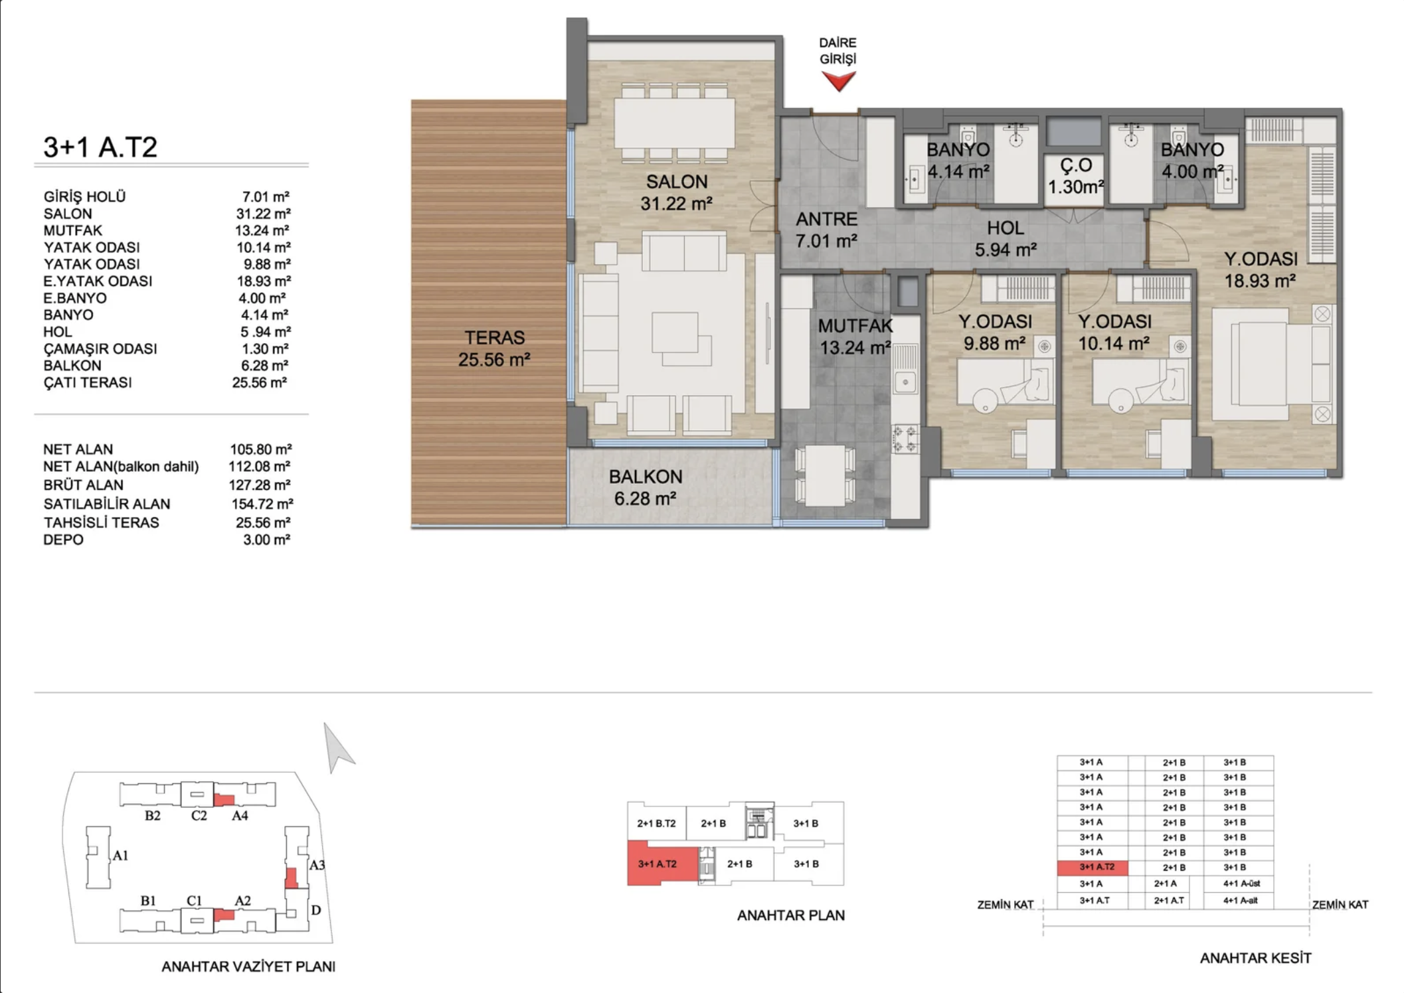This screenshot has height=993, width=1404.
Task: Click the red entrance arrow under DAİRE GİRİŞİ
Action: click(x=838, y=81)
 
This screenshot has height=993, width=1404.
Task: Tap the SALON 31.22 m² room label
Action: click(x=676, y=192)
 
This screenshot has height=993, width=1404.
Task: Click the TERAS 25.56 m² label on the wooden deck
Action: click(x=494, y=348)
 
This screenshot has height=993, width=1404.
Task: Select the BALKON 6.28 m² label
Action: click(x=645, y=487)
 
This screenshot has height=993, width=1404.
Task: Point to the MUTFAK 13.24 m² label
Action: click(x=854, y=337)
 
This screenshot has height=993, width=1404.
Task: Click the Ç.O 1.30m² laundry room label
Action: click(x=1075, y=177)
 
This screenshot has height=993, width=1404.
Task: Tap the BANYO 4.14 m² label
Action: click(x=958, y=161)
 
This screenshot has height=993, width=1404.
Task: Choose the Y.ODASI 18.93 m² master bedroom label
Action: click(x=1260, y=269)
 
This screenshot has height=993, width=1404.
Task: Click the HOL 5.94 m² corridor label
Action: click(x=1005, y=239)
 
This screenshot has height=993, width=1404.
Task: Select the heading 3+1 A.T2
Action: click(x=100, y=147)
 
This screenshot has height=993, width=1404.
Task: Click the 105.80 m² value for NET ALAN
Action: click(x=260, y=449)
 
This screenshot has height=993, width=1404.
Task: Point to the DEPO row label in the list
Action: click(x=64, y=540)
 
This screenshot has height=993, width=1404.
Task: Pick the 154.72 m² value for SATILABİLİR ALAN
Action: click(x=262, y=504)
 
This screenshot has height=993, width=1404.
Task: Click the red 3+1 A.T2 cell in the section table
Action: click(x=1093, y=867)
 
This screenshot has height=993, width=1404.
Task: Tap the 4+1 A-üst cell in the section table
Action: click(x=1240, y=883)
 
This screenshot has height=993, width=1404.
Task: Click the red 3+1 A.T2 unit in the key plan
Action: click(x=658, y=863)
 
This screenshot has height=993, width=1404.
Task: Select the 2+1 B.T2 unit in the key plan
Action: click(x=656, y=823)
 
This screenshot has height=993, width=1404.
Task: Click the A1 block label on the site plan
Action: click(x=120, y=856)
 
